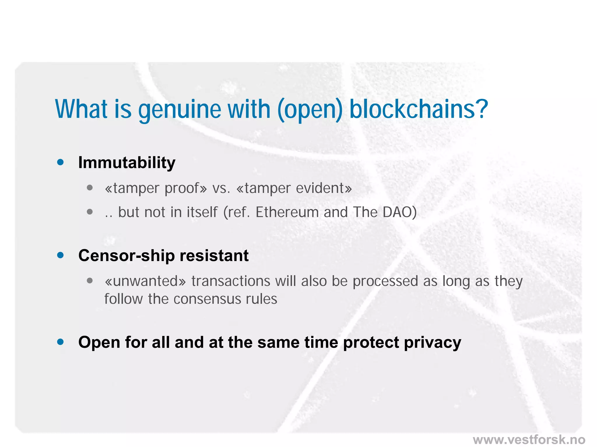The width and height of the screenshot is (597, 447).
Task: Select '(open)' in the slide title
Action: [x=310, y=110]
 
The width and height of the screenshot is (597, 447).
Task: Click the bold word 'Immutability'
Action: [x=127, y=162]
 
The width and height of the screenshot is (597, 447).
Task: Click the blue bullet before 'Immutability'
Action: [x=60, y=162]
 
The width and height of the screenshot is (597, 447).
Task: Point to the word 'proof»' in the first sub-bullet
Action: [x=185, y=188]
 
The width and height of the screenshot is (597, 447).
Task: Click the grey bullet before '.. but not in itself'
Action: [x=90, y=212]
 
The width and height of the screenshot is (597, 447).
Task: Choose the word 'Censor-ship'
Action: [x=126, y=256]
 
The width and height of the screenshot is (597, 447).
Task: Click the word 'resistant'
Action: [x=214, y=256]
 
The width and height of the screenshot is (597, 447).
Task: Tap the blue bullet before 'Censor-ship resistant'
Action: [x=60, y=255]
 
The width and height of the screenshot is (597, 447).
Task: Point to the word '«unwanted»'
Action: [x=145, y=281]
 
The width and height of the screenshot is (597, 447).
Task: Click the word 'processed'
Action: [x=385, y=281]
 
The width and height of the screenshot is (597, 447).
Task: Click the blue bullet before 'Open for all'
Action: [x=60, y=342]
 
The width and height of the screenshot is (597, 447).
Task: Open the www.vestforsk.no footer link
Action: [x=529, y=440]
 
